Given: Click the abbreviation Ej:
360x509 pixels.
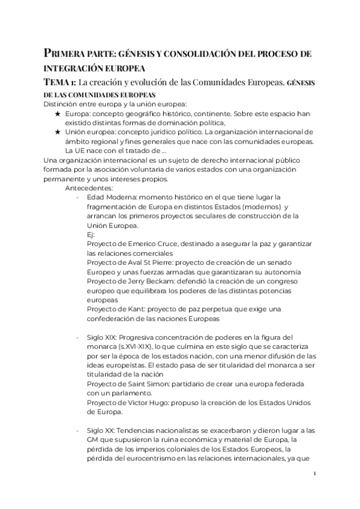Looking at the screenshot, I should tap(92, 235).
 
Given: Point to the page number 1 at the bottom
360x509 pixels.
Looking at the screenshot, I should tap(315, 474).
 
